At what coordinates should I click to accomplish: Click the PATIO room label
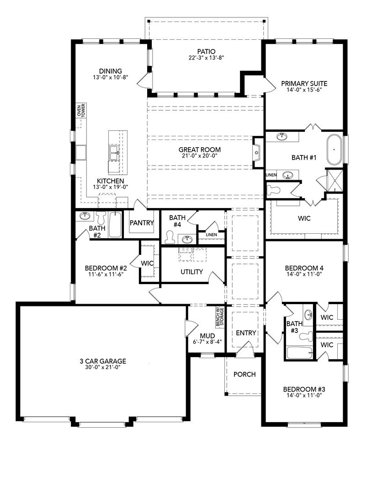(x=207, y=51)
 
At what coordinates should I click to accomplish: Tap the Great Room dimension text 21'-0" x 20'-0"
(x=200, y=156)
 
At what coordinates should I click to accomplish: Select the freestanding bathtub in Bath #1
(x=335, y=150)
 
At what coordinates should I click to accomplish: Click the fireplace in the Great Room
(x=257, y=153)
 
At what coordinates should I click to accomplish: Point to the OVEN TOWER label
(x=81, y=111)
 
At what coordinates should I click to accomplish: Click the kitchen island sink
(x=114, y=153)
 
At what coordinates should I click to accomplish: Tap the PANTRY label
(x=142, y=223)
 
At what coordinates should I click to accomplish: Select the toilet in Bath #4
(x=170, y=237)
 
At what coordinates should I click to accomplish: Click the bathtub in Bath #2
(x=115, y=225)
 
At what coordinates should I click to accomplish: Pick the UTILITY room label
(x=191, y=272)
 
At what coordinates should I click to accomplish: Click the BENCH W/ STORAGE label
(x=220, y=317)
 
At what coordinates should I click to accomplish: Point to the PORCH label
(x=244, y=374)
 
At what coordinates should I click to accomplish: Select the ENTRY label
(x=246, y=333)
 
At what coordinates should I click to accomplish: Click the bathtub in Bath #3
(x=300, y=352)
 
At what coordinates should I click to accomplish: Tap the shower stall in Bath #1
(x=334, y=180)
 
